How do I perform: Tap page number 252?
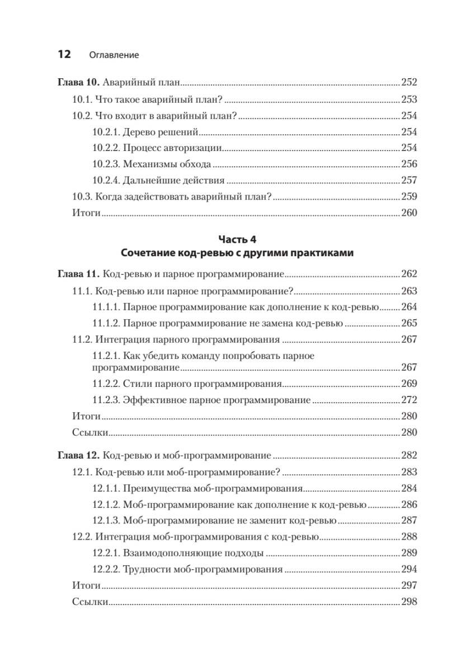click(x=410, y=83)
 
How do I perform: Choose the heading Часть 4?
click(x=237, y=240)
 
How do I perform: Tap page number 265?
click(x=410, y=323)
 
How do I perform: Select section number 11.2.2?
click(x=106, y=384)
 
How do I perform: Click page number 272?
click(x=410, y=400)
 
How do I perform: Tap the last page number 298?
click(x=410, y=603)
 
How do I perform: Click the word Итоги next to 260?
click(x=86, y=213)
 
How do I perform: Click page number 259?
click(x=410, y=197)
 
